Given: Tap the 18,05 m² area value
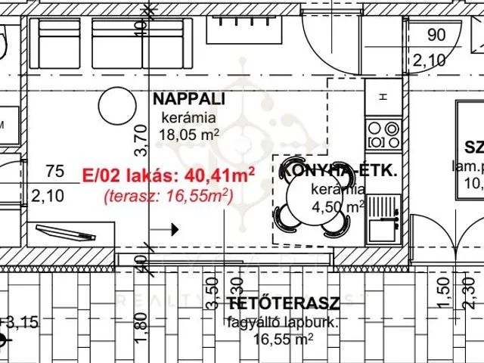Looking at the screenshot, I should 189,135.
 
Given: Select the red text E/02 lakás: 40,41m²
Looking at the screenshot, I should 168,175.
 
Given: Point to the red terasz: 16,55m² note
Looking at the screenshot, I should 168,196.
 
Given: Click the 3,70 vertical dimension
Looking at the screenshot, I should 138,139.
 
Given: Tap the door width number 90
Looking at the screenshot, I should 436,34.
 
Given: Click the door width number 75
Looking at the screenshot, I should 54,171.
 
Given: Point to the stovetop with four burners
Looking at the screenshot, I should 383,135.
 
